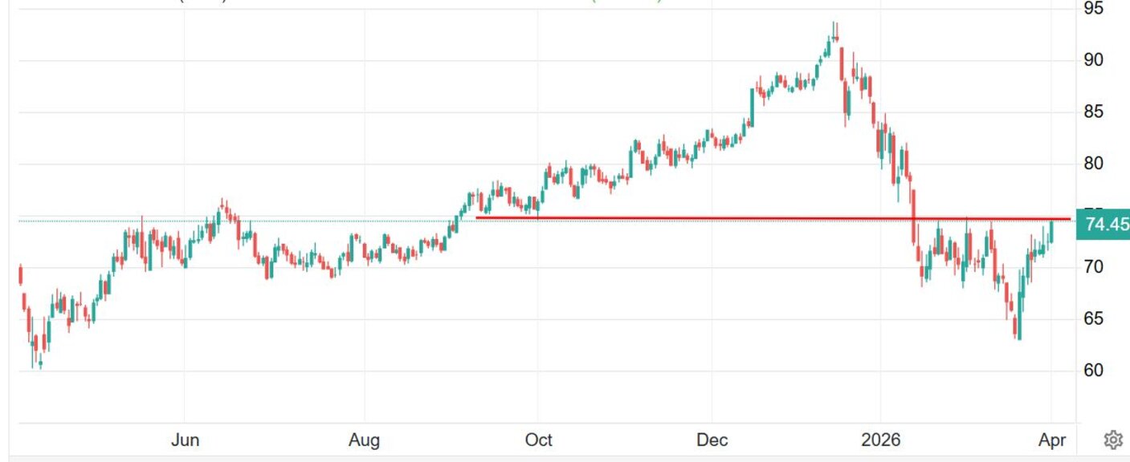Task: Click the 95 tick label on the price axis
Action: pos(1094,9)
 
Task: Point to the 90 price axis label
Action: pos(1094,60)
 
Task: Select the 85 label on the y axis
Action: pos(1094,112)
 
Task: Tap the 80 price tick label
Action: pos(1094,164)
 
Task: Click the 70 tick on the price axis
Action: pos(1094,267)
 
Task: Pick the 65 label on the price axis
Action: pos(1094,319)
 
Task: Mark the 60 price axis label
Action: pos(1094,371)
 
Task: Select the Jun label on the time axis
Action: pos(186,440)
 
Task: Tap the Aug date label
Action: pos(365,440)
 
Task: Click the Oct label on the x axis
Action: pos(538,440)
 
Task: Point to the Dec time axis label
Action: pos(712,440)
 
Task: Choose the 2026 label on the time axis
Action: pos(880,440)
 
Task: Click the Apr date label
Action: pos(1052,440)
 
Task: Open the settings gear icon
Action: pos(1112,440)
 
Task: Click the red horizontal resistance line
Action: pos(723,218)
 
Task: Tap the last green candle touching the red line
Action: pos(1051,232)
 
